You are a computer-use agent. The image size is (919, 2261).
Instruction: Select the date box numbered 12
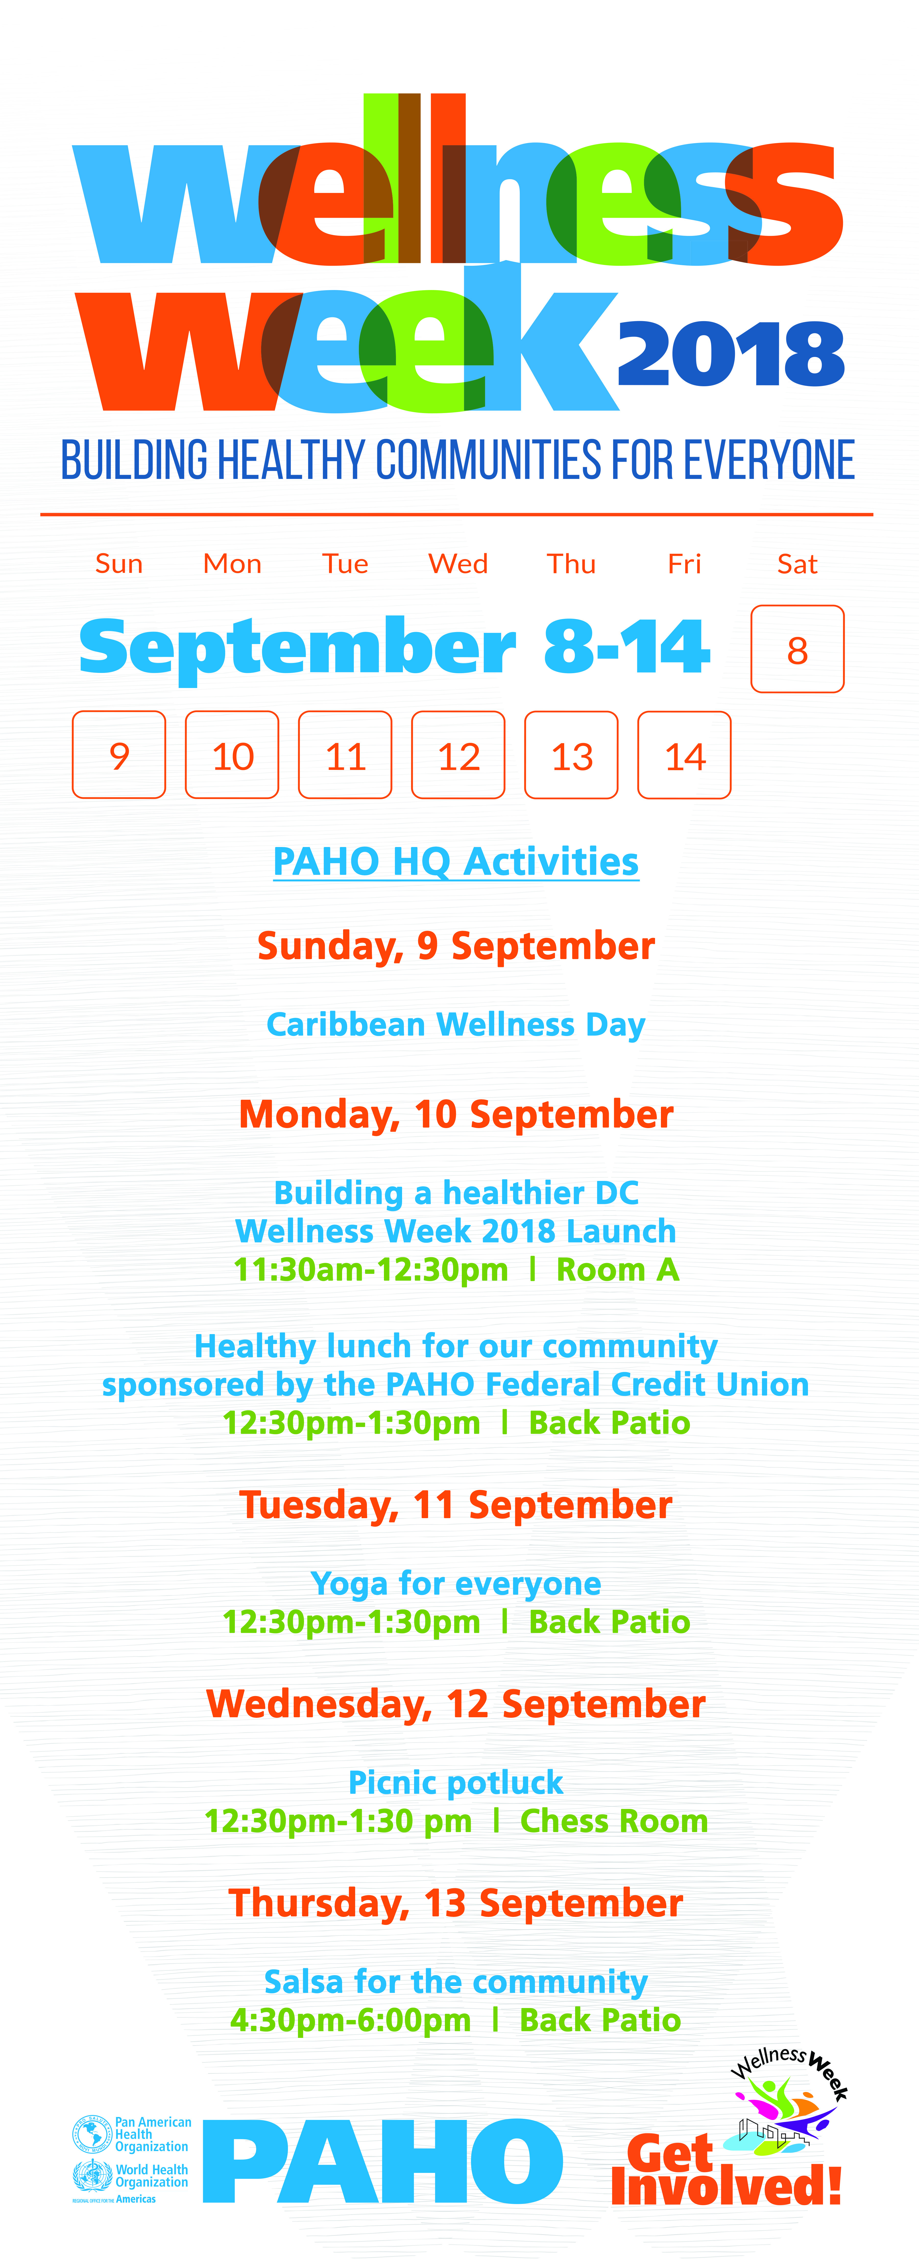click(458, 755)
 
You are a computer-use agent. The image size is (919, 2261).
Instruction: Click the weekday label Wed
click(458, 563)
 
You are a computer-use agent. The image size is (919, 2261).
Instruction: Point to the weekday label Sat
click(797, 563)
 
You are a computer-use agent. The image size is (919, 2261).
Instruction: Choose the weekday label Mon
click(233, 563)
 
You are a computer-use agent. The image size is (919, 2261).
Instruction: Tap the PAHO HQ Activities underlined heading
click(456, 862)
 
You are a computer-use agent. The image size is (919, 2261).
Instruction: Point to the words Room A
click(618, 1269)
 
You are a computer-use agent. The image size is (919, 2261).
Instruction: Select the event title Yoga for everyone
click(456, 1583)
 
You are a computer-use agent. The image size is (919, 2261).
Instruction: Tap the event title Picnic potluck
click(456, 1783)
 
